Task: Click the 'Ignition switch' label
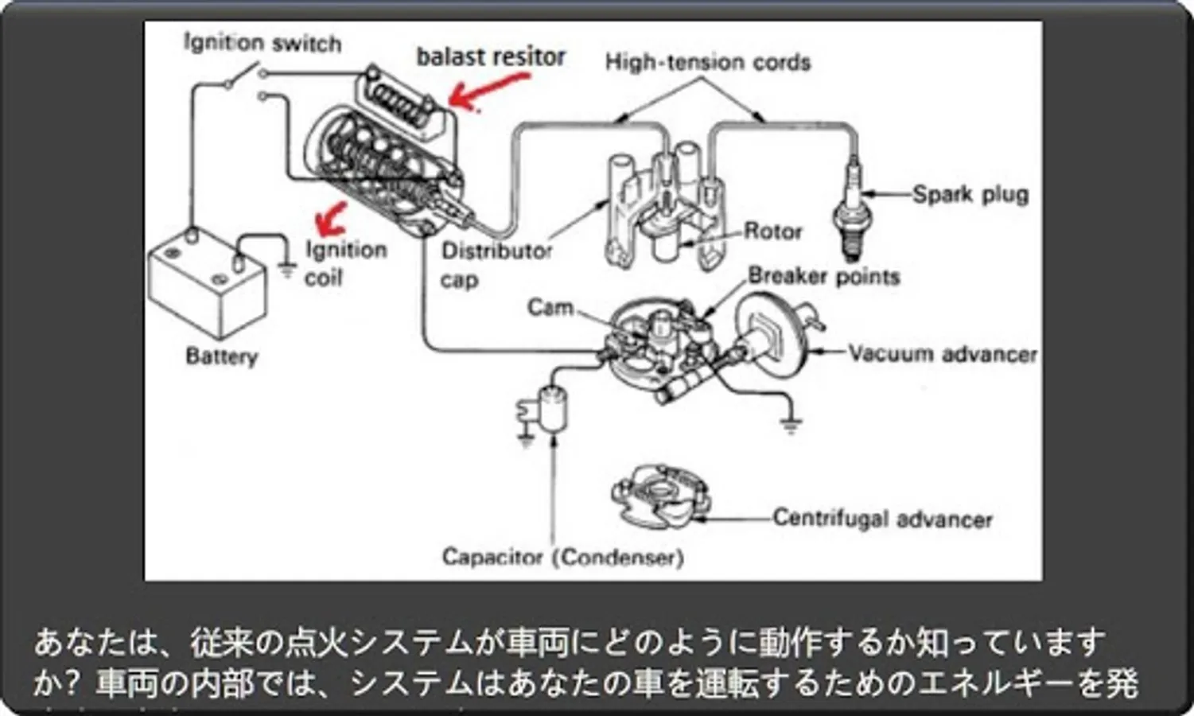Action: (262, 42)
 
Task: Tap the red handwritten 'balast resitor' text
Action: (490, 56)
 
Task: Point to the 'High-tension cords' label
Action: (707, 62)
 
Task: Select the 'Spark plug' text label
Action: (970, 194)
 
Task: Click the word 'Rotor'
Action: (772, 232)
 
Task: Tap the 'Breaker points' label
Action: (823, 276)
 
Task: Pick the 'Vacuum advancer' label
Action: (942, 353)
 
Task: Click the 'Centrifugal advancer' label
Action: (882, 519)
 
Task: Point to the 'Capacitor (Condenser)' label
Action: (562, 556)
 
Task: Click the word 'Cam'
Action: (550, 306)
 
